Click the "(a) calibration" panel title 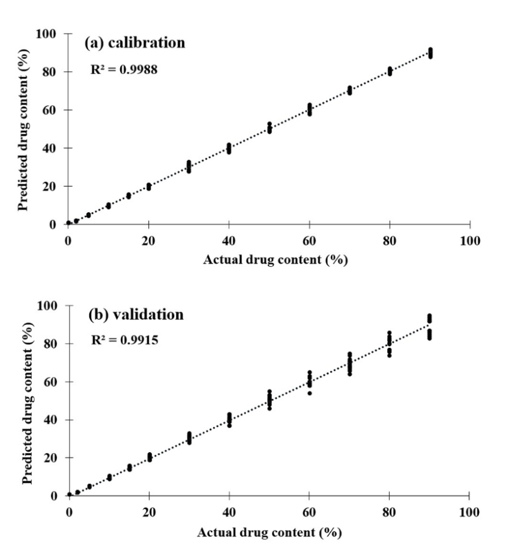134,43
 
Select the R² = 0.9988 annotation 124,70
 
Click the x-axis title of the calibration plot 275,259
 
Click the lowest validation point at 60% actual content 309,393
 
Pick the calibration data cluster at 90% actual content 430,53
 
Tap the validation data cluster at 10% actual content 109,478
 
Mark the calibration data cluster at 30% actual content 189,166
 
